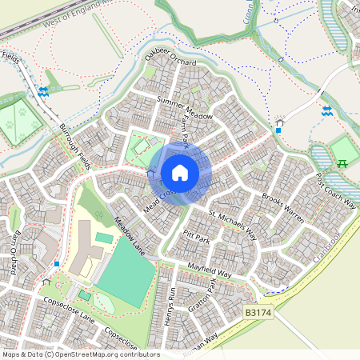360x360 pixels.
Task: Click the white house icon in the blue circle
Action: point(180,173)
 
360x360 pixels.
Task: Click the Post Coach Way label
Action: point(335,190)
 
